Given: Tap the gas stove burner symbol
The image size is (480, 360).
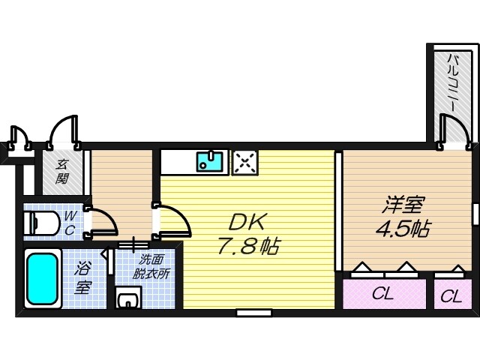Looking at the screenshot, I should [244, 161].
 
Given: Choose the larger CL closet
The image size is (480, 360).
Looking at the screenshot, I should [382, 294].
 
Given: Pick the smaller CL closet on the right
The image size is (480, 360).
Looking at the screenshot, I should [451, 295].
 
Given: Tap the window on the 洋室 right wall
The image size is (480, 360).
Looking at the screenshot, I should [475, 214].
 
